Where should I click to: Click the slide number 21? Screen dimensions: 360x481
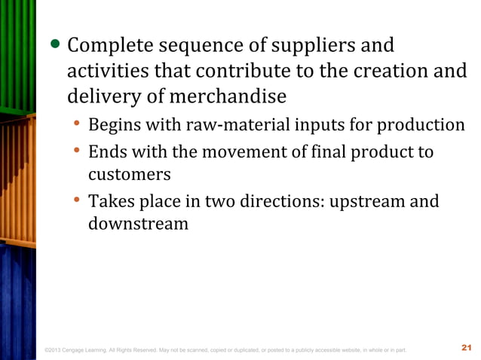[x=465, y=348]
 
